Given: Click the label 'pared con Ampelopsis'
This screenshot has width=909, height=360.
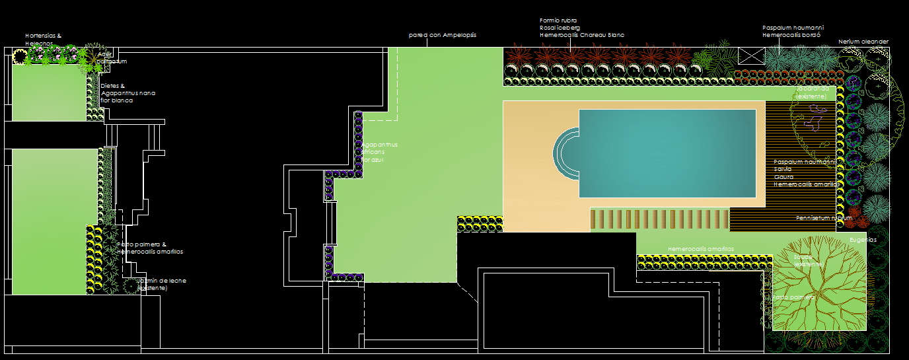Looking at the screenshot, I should (x=442, y=35).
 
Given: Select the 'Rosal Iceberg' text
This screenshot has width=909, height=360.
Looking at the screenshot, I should (x=560, y=28).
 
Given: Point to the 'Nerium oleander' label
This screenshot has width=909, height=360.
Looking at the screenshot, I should (x=863, y=42).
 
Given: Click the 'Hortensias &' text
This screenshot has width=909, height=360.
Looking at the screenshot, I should (x=43, y=36).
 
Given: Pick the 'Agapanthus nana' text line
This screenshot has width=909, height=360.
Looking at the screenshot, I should (x=128, y=93).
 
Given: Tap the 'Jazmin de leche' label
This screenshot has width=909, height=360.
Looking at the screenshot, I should (x=161, y=281).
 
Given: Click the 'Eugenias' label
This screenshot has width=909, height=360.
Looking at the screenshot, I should (x=863, y=240).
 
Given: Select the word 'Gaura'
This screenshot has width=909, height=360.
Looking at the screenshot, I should (x=783, y=177).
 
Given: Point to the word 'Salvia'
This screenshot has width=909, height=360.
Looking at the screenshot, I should (x=783, y=169).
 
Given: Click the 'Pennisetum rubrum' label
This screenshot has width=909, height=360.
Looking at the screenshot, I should (x=824, y=217).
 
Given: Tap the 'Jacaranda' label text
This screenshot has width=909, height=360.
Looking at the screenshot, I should (x=811, y=89).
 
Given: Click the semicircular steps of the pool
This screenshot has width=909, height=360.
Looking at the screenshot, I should (x=564, y=153).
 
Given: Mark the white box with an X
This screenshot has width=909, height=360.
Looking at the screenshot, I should (x=750, y=56).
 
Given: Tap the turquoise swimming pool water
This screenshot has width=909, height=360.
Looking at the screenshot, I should (x=667, y=153).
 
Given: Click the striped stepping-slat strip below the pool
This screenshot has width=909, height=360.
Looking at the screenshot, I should (x=659, y=219).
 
